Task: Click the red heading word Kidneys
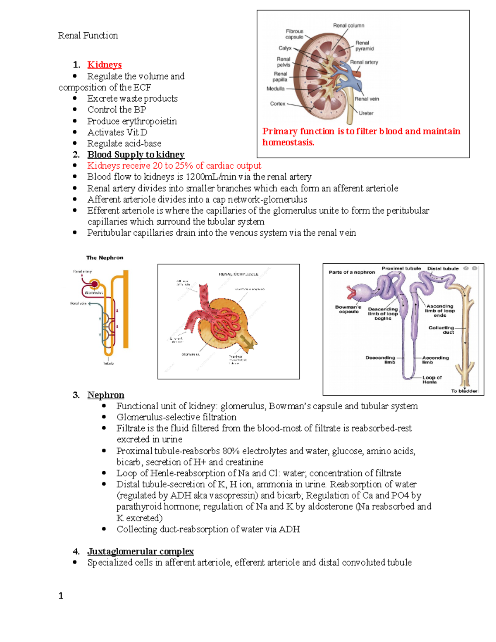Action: pos(104,65)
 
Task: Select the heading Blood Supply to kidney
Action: pos(136,155)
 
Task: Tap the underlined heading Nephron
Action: pos(105,395)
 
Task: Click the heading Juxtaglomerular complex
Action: pos(140,551)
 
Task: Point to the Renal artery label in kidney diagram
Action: pos(364,62)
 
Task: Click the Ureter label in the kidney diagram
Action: pos(366,113)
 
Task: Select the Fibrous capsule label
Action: pos(294,34)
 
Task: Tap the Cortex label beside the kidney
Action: pos(277,104)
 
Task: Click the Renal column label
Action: pos(348,26)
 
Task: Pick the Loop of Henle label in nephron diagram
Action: pos(432,379)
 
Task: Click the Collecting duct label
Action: pos(441,330)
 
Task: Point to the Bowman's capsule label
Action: pos(348,309)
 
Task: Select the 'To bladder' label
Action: pos(464,391)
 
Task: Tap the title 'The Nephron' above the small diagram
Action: pos(105,258)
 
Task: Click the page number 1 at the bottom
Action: pos(61,596)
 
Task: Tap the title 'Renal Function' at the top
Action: pos(88,36)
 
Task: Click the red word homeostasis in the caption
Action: pos(288,143)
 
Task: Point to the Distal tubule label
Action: pos(443,269)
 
